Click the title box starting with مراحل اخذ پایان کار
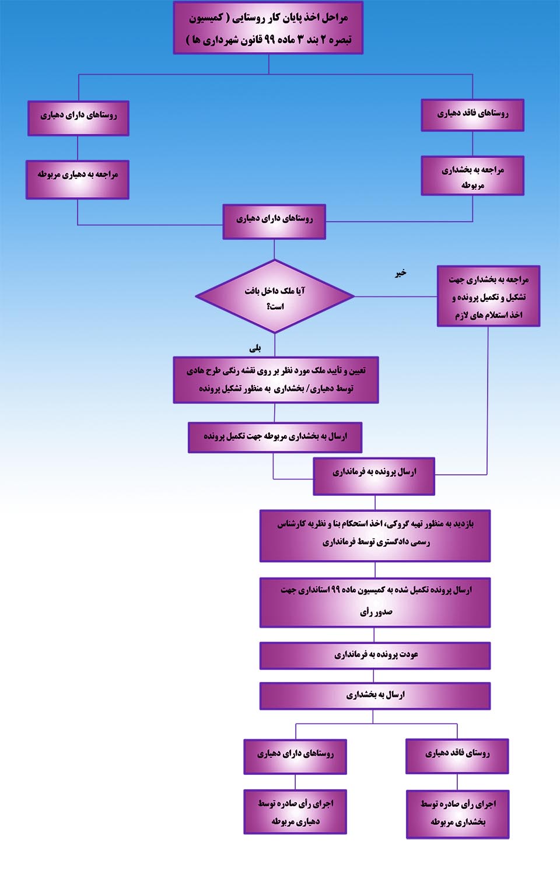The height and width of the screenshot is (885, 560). tap(268, 28)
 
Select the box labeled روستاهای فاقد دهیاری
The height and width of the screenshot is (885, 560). tap(473, 115)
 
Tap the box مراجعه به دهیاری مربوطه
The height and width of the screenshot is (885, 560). tap(78, 180)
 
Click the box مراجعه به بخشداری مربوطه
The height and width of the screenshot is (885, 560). tap(473, 176)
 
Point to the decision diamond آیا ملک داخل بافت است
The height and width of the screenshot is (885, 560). tap(275, 296)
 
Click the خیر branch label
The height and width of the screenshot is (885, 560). tap(400, 273)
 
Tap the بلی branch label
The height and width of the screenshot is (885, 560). tap(255, 348)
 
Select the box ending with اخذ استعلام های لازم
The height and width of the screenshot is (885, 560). tap(488, 296)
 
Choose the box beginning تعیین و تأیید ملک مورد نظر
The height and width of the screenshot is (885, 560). tap(276, 380)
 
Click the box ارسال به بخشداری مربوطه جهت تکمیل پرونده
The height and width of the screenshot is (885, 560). tap(275, 438)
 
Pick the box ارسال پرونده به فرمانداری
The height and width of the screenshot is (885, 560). tap(374, 476)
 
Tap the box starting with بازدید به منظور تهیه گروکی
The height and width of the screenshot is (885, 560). tap(374, 536)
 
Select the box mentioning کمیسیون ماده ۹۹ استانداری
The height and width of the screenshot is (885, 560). tap(374, 603)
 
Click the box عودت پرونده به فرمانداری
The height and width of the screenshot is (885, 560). tap(374, 656)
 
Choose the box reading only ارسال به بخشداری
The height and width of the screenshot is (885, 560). tap(374, 696)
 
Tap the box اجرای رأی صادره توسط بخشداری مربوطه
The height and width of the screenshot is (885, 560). tap(457, 814)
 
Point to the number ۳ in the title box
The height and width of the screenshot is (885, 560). tap(300, 39)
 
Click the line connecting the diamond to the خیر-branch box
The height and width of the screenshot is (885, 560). tap(395, 296)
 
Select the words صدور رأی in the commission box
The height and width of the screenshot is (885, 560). tap(376, 612)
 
